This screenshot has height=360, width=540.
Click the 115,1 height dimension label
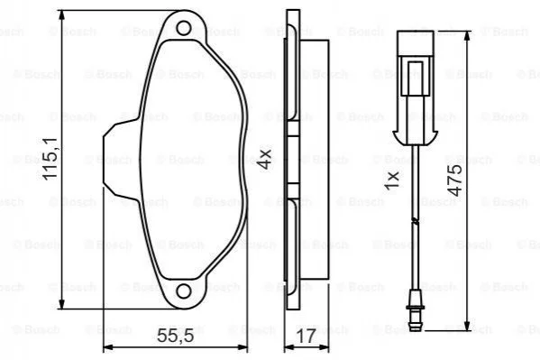pyautogui.click(x=50, y=158)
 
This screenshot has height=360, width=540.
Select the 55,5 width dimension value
pyautogui.click(x=176, y=335)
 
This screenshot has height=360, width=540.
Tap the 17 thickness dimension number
pyautogui.click(x=306, y=336)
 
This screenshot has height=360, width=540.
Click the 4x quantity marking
pyautogui.click(x=265, y=159)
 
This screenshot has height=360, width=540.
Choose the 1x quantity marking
pyautogui.click(x=392, y=180)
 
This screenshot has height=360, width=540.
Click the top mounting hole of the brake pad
pyautogui.click(x=184, y=28)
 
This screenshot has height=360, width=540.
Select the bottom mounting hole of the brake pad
pyautogui.click(x=184, y=291)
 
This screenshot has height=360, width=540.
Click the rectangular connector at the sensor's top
pyautogui.click(x=416, y=43)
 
